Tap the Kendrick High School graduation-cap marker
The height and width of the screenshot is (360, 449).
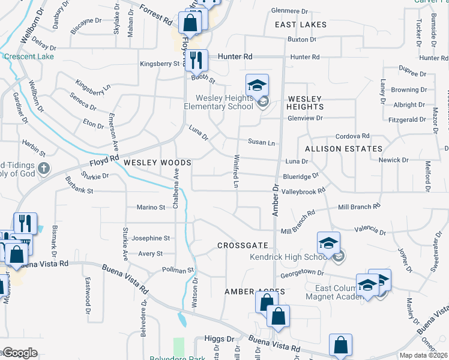pos(328,243)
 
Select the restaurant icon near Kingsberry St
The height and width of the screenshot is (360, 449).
pos(196,60)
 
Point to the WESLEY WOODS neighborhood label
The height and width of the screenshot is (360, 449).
pos(157,163)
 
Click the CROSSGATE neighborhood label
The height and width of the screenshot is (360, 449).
pos(243,246)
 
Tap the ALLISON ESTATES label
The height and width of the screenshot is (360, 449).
pos(343,149)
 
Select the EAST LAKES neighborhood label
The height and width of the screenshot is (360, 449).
pos(301,25)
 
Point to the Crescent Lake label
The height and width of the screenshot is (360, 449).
pos(29,57)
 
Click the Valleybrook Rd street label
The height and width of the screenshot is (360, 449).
pos(303,190)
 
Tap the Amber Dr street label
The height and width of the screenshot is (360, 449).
pos(276,200)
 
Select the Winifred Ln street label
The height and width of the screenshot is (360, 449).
pos(237,172)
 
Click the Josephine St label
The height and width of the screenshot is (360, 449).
pos(148,238)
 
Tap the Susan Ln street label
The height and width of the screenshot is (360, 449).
pos(261,143)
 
